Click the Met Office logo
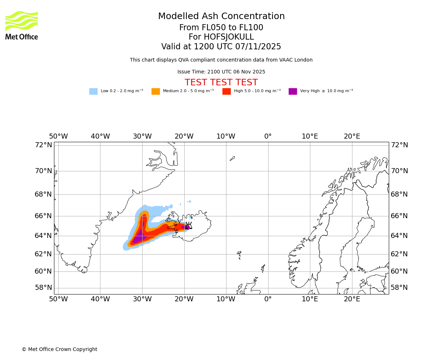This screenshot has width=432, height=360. pyautogui.click(x=22, y=25)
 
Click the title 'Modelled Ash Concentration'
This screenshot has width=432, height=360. pyautogui.click(x=221, y=17)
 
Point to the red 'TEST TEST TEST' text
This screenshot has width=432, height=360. pyautogui.click(x=221, y=83)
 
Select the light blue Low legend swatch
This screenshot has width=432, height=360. pyautogui.click(x=93, y=91)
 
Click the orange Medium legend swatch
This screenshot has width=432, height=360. pyautogui.click(x=156, y=91)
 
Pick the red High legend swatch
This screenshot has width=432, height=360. pyautogui.click(x=226, y=91)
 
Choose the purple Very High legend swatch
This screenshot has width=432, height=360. pyautogui.click(x=293, y=91)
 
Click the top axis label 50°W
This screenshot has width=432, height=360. pyautogui.click(x=58, y=136)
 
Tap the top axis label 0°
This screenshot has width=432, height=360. pyautogui.click(x=268, y=136)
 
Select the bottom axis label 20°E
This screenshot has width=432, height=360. pyautogui.click(x=352, y=299)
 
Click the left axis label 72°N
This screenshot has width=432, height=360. pyautogui.click(x=43, y=145)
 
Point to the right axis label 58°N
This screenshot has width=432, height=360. pyautogui.click(x=399, y=288)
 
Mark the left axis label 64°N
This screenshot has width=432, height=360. pyautogui.click(x=43, y=235)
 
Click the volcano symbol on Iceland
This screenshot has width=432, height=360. pyautogui.click(x=188, y=226)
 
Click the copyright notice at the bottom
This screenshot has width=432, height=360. pyautogui.click(x=59, y=350)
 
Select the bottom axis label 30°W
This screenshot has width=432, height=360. pyautogui.click(x=142, y=299)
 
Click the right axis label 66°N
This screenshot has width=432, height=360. pyautogui.click(x=399, y=216)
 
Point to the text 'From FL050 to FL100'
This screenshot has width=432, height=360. pyautogui.click(x=221, y=28)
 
